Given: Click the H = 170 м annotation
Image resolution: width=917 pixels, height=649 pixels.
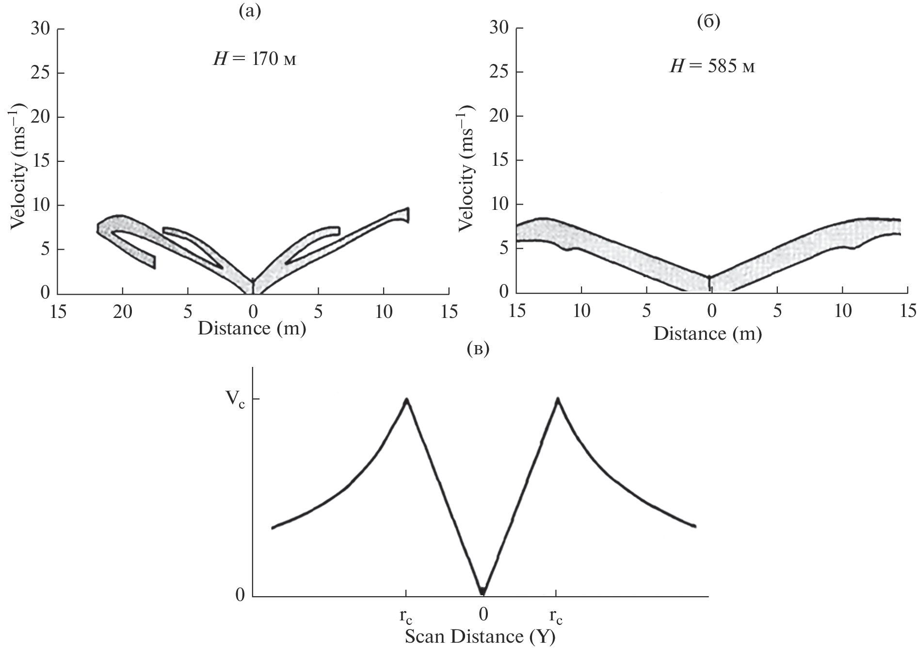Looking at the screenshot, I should [254, 60].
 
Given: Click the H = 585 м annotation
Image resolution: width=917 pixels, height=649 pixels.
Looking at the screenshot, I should [712, 67].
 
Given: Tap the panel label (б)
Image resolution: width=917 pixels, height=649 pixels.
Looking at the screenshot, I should [708, 22].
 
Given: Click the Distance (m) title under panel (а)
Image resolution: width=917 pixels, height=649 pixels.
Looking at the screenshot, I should [252, 329].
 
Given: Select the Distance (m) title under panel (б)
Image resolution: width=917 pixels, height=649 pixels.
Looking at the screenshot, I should [708, 334].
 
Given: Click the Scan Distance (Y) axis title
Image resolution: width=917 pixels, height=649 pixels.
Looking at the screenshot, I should [480, 636].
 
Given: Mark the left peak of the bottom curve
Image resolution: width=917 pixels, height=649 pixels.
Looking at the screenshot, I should [406, 399].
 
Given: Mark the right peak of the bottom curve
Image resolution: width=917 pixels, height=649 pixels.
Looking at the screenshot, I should [558, 399].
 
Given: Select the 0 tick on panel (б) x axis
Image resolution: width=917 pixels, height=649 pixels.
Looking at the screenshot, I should [711, 311].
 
